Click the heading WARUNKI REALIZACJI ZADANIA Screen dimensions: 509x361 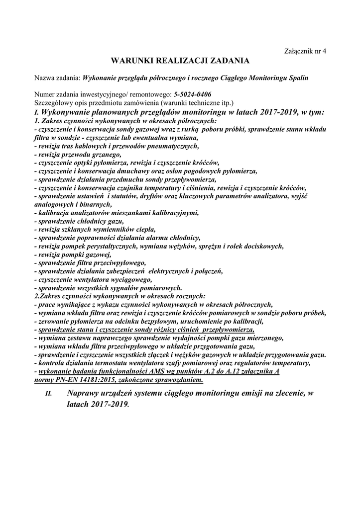(x=180, y=61)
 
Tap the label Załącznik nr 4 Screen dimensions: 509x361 (x=305, y=51)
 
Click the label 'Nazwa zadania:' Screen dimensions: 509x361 (x=57, y=78)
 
